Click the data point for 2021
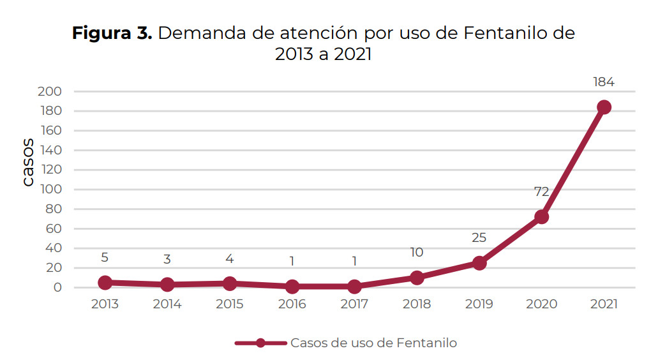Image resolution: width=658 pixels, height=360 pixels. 604,107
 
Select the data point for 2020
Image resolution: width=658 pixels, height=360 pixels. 542,216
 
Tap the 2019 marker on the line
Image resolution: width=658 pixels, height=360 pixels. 479,262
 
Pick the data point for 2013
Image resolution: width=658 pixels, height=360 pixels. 105,282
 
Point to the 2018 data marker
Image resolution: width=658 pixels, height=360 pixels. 417,278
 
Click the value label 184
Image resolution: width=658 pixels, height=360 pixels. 603,82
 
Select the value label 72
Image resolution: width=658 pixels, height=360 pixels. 541,191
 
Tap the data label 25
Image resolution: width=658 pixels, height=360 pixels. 479,238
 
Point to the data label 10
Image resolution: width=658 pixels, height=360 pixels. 416,253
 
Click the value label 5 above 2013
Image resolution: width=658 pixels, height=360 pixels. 105,258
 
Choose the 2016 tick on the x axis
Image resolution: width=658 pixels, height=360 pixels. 292,304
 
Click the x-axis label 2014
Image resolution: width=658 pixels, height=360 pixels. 167,304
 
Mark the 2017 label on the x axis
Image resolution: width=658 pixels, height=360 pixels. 354,304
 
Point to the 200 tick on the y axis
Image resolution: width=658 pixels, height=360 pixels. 52,92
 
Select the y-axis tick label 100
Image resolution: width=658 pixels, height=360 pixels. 52,190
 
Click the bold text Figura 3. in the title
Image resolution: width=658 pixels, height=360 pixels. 112,33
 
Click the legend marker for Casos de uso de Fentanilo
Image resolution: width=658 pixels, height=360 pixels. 260,343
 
